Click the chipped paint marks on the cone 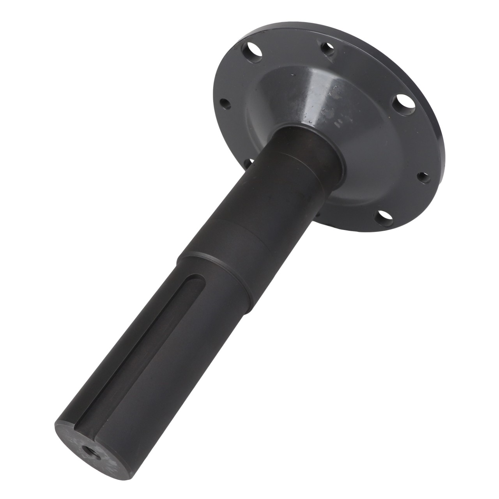point(343,117)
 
